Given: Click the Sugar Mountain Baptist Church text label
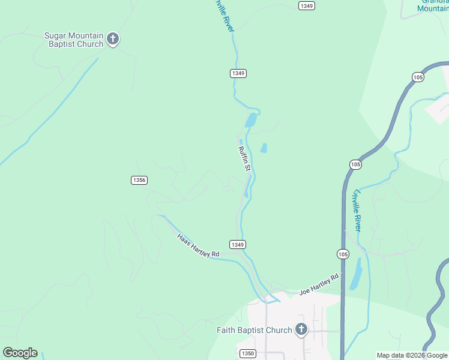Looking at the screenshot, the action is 74,40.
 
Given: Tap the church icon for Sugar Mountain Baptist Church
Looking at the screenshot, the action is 113,40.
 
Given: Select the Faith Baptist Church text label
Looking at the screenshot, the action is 255,330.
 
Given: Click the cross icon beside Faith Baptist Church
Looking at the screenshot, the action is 301,329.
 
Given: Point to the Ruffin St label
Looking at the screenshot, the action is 244,159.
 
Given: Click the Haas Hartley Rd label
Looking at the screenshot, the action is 198,246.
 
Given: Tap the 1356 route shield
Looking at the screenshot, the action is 139,180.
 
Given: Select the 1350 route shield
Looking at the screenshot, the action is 247,353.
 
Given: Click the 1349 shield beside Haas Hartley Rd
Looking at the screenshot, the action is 237,244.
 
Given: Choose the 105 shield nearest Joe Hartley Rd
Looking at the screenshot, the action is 343,254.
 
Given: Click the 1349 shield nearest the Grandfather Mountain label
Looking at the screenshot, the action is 306,5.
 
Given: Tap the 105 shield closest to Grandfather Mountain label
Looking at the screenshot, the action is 418,77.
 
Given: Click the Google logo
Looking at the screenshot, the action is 20,353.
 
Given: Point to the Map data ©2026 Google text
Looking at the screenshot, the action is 412,355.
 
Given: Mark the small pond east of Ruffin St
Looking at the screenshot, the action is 264,148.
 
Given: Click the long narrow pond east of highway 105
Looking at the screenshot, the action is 356,273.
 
